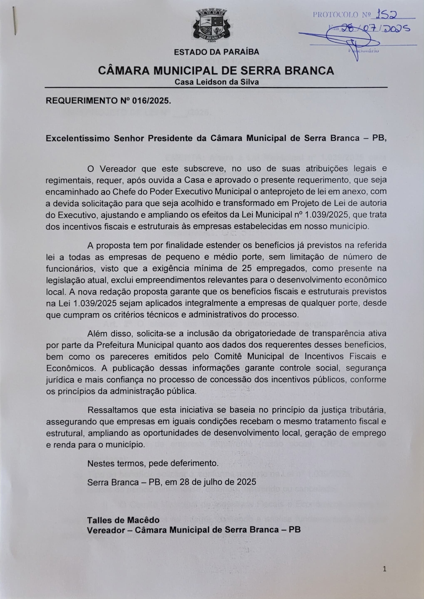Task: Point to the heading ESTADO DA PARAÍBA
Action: pyautogui.click(x=216, y=52)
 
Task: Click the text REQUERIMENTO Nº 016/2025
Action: pyautogui.click(x=108, y=101)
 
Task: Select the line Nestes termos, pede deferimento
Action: pyautogui.click(x=153, y=463)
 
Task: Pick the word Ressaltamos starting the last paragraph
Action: pyautogui.click(x=112, y=410)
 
